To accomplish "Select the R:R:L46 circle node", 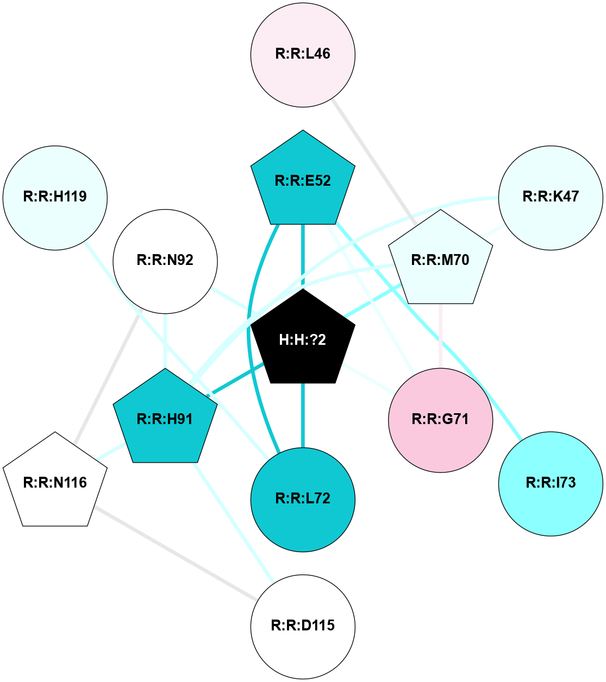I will [303, 54].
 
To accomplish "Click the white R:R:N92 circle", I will [165, 261].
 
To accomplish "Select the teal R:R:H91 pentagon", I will [165, 419].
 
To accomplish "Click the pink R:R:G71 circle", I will [440, 420].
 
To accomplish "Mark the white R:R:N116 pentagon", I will [55, 482].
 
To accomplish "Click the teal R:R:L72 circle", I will [303, 499].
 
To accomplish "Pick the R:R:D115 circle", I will [303, 626].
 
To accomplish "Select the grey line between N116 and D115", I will [174, 553].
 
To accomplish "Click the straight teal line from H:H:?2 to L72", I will [303, 415].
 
